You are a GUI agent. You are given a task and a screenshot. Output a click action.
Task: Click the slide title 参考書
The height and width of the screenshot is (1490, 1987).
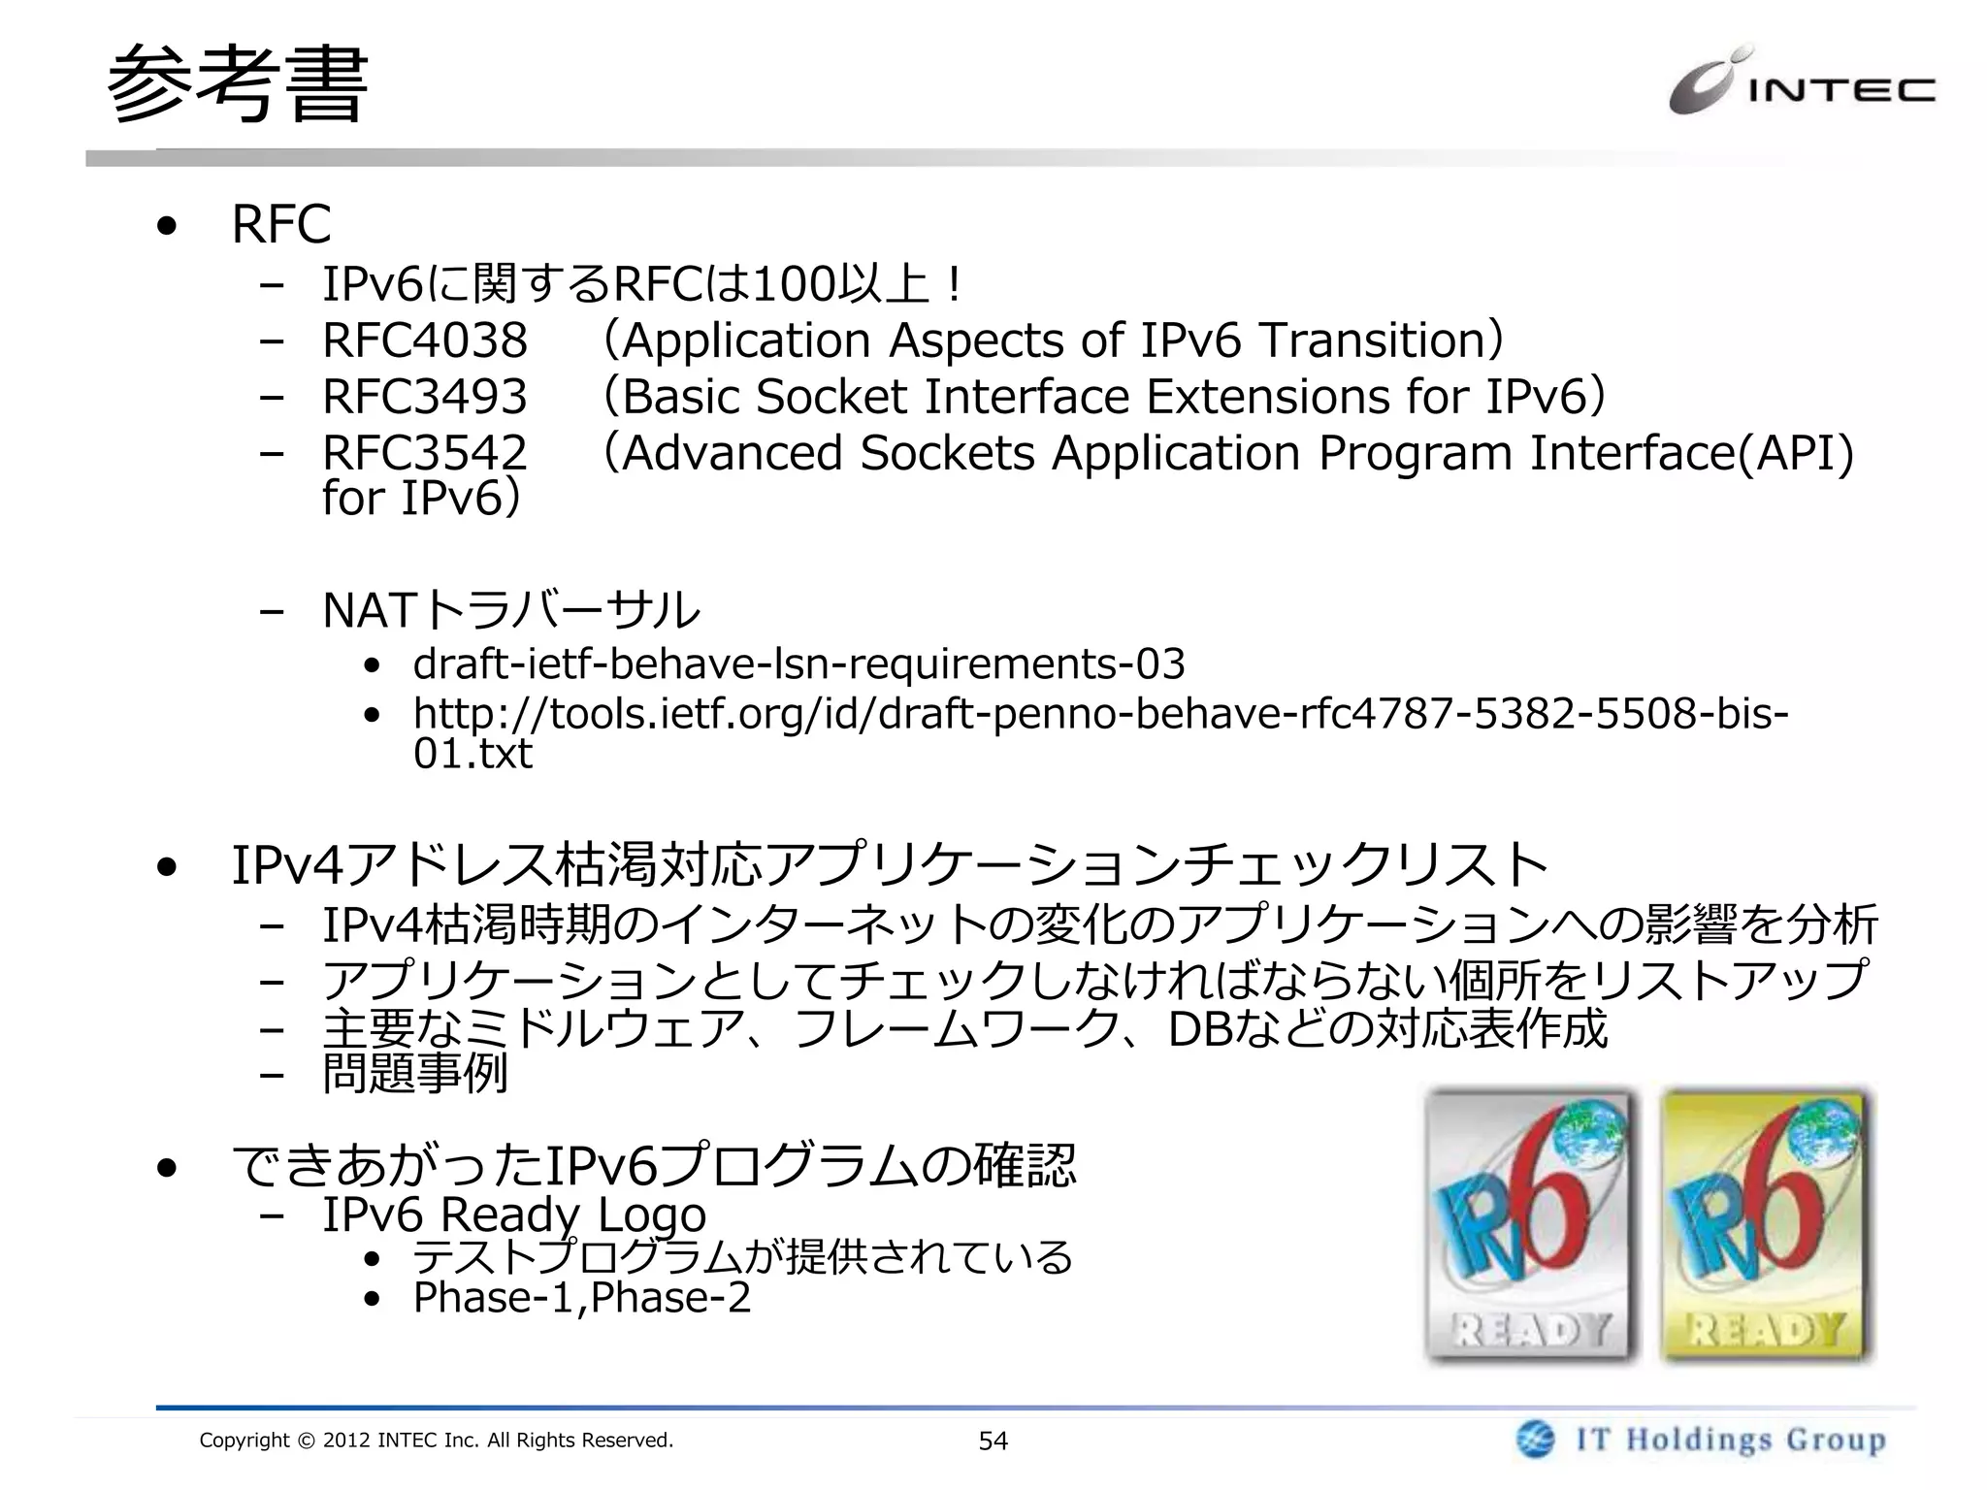tap(237, 85)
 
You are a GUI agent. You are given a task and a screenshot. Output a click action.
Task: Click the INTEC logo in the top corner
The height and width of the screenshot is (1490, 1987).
tap(1801, 85)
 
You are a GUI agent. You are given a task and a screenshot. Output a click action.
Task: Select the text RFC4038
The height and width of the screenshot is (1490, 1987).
tap(425, 340)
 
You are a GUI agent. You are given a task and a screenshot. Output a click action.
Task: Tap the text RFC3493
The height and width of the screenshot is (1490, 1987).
tap(425, 397)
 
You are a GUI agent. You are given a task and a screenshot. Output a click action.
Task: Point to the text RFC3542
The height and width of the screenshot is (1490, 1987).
tap(425, 453)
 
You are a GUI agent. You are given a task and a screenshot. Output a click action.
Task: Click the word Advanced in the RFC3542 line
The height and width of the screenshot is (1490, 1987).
tap(732, 453)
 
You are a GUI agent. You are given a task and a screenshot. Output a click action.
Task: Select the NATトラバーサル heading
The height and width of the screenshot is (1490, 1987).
tap(511, 610)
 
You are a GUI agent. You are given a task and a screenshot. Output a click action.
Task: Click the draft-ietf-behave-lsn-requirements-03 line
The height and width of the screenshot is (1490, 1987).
tap(798, 664)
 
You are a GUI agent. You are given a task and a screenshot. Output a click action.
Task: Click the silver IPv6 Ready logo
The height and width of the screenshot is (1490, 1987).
tap(1531, 1224)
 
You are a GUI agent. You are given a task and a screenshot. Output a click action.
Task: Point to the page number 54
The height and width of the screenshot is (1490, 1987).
tap(993, 1441)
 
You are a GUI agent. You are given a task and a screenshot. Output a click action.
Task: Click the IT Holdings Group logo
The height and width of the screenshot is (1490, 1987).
tap(1701, 1439)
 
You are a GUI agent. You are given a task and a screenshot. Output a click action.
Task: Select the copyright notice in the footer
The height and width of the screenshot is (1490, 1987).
tap(436, 1441)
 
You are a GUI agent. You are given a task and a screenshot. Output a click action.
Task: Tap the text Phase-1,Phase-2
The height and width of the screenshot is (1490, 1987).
tap(582, 1298)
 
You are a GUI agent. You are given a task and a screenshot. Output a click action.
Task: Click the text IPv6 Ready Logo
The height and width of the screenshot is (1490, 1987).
tap(514, 1215)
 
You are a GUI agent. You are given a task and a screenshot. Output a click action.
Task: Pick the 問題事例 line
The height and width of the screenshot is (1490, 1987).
tap(415, 1074)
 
